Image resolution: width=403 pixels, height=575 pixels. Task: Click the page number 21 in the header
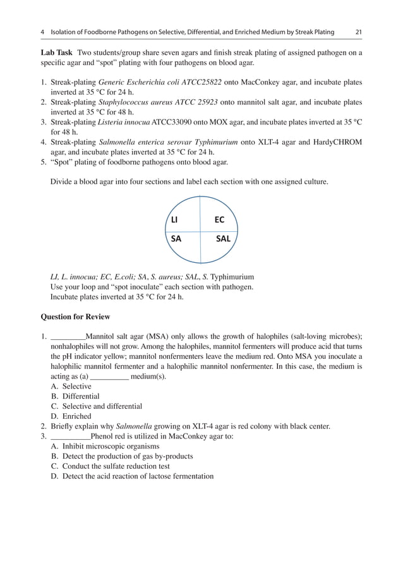pyautogui.click(x=358, y=33)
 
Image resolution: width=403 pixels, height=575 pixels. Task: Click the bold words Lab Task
pyautogui.click(x=56, y=53)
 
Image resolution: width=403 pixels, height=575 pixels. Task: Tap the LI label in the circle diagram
pyautogui.click(x=174, y=221)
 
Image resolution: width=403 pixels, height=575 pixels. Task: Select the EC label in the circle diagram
pyautogui.click(x=219, y=221)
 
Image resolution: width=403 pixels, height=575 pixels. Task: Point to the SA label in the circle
pyautogui.click(x=176, y=239)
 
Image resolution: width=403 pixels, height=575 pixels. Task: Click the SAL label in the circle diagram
pyautogui.click(x=222, y=239)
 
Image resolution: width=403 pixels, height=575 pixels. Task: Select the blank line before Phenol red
pyautogui.click(x=69, y=436)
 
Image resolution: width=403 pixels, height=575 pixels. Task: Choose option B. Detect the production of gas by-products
pyautogui.click(x=127, y=456)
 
